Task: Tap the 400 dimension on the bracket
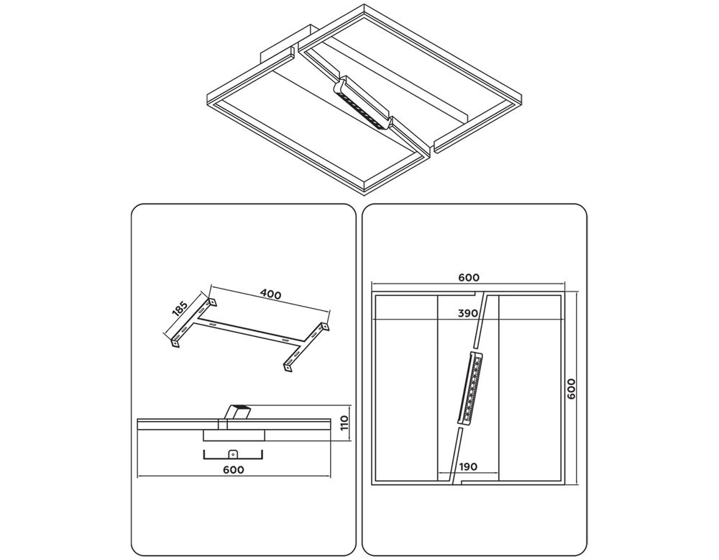pyautogui.click(x=270, y=294)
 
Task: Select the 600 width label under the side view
pyautogui.click(x=233, y=469)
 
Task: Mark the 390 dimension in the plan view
pyautogui.click(x=468, y=313)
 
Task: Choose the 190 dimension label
pyautogui.click(x=468, y=466)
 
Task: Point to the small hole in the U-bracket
pyautogui.click(x=233, y=453)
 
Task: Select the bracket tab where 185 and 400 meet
pyautogui.click(x=212, y=298)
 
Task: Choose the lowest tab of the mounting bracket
pyautogui.click(x=288, y=367)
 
